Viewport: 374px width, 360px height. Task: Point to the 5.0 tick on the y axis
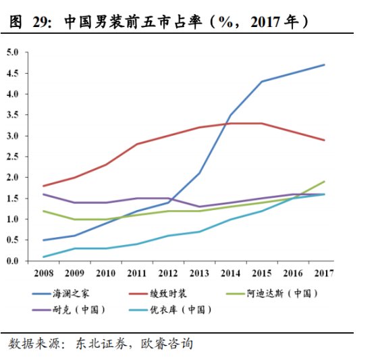point(13,52)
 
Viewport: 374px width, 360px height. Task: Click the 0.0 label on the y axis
point(13,261)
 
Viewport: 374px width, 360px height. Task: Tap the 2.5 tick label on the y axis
point(13,157)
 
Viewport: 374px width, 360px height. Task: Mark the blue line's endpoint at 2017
point(325,65)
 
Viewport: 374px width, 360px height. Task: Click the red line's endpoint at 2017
point(325,140)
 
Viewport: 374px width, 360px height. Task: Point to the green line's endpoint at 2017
point(325,182)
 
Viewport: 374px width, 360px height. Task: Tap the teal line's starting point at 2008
point(43,257)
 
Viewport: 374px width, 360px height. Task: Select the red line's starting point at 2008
point(43,186)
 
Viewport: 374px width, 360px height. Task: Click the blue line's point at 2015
point(262,82)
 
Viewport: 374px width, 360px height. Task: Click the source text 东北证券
point(95,344)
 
